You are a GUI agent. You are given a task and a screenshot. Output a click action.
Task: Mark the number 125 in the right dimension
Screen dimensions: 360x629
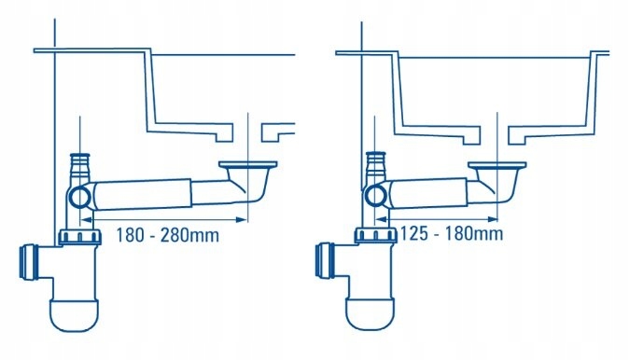416,232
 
